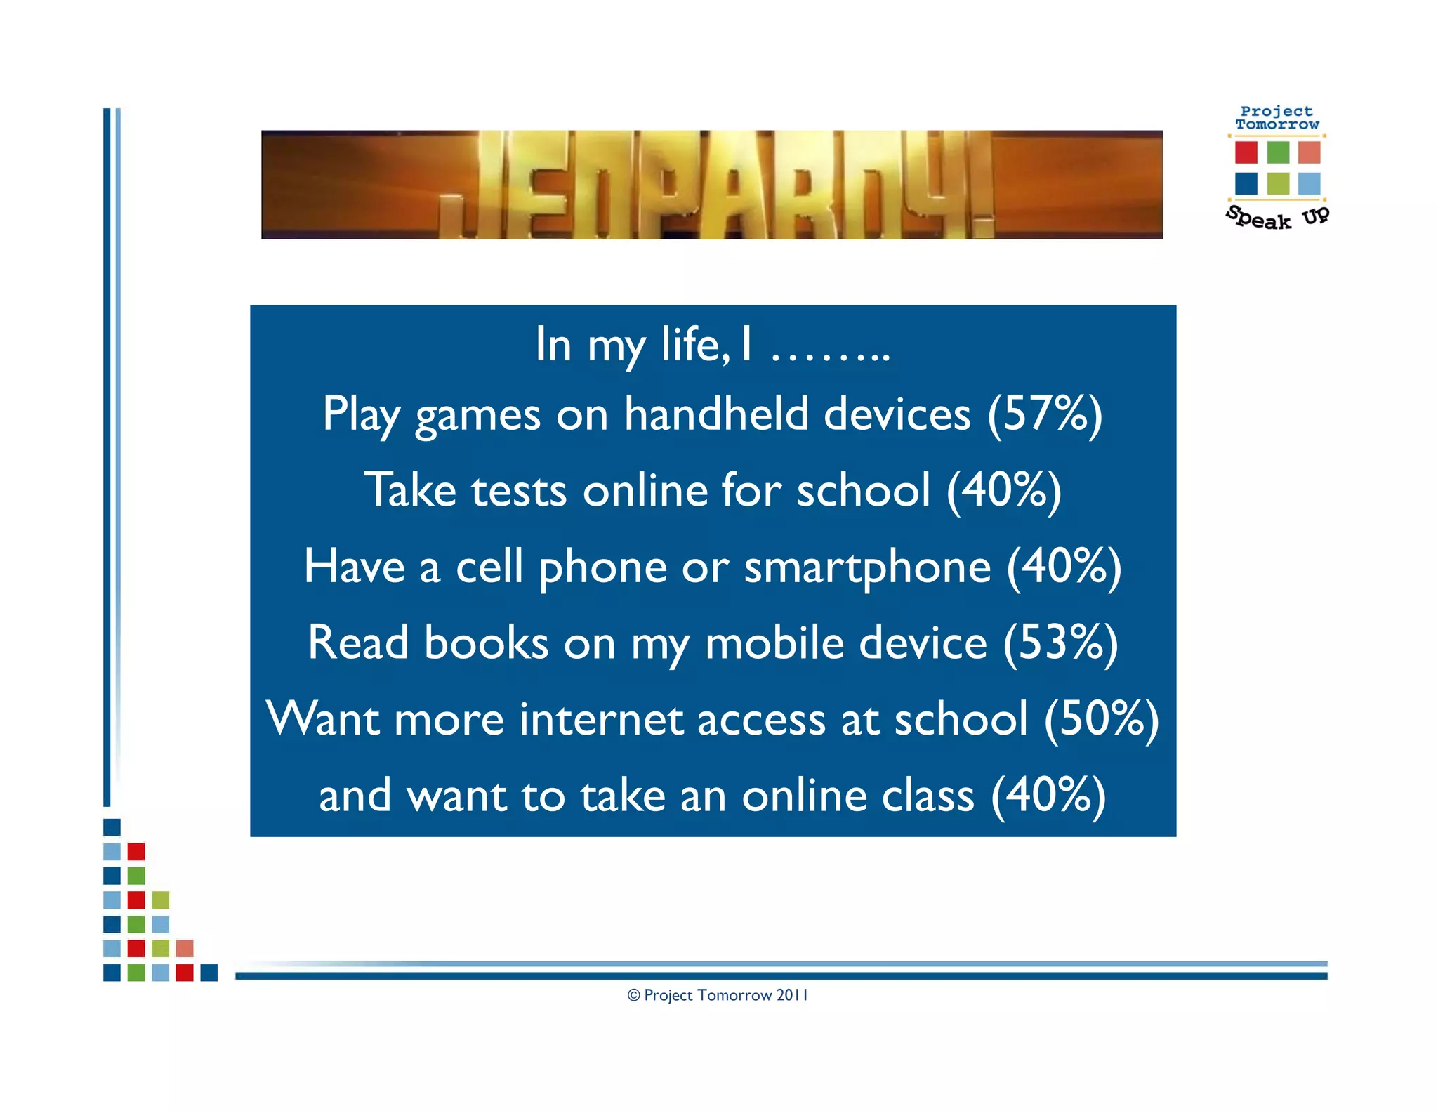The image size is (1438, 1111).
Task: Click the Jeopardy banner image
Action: [x=711, y=185]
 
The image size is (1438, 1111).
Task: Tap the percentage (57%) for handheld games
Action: [x=1044, y=414]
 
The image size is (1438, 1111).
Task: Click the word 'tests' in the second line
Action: [x=519, y=490]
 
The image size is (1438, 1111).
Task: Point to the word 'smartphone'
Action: [x=867, y=567]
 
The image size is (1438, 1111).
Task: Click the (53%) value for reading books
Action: [x=1060, y=643]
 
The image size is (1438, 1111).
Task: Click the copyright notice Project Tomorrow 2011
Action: [x=718, y=995]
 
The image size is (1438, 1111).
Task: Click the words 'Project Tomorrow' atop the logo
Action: [x=1277, y=118]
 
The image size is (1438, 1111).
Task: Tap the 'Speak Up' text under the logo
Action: [x=1277, y=217]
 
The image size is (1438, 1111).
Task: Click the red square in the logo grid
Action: [x=1246, y=152]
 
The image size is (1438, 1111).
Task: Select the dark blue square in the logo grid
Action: [x=1246, y=183]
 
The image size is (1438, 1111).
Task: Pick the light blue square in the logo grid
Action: [x=1309, y=183]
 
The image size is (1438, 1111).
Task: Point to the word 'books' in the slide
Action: [x=486, y=643]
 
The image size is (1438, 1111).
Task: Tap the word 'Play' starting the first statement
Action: [x=361, y=414]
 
